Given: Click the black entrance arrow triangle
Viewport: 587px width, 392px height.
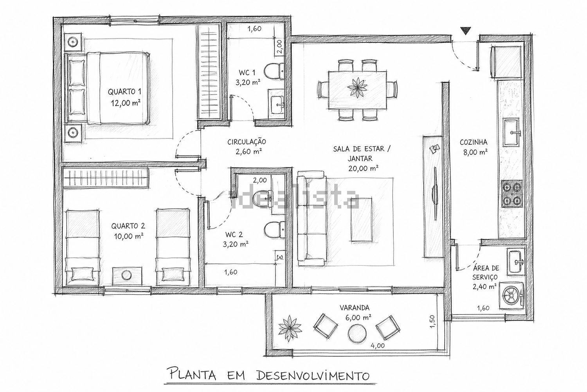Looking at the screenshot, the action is point(465,31).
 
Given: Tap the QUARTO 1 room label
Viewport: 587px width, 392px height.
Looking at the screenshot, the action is point(124,92).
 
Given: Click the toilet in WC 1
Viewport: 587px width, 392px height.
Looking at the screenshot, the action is point(274,71).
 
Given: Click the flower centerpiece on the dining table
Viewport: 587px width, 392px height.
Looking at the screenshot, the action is point(357,87).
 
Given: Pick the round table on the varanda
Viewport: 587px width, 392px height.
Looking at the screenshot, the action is point(357,333).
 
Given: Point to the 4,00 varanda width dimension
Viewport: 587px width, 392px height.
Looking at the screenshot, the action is point(378,345).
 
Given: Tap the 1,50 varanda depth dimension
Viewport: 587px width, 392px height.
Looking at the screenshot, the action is point(432,321).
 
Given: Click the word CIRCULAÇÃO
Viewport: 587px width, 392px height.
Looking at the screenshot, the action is point(247,142).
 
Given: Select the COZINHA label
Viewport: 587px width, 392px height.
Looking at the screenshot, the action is point(474,142).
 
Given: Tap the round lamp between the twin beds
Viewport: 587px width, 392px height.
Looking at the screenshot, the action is point(127,276).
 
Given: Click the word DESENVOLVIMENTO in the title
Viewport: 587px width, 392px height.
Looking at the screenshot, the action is point(313,376).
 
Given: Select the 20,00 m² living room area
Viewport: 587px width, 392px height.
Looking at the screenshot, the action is point(363,168).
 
